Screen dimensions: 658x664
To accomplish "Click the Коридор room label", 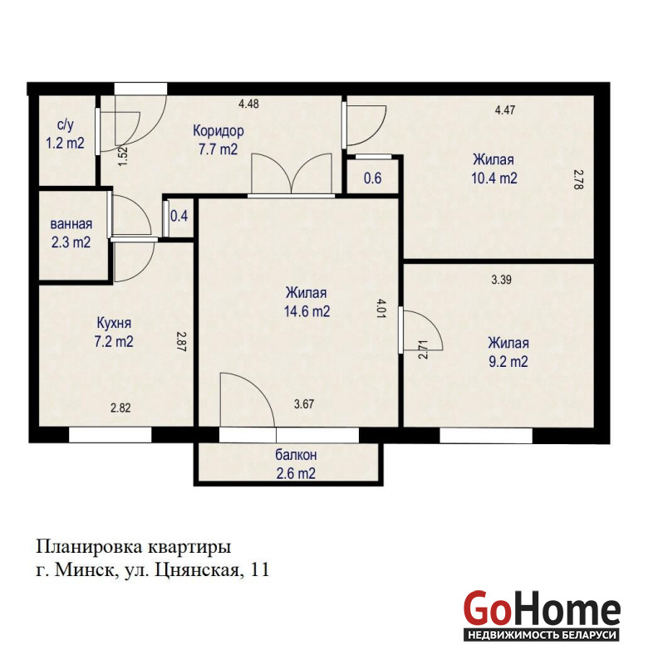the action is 219,130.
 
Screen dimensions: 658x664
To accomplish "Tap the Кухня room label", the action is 114,323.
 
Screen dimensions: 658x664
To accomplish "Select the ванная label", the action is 71,223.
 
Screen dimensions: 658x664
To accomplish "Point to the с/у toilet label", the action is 66,124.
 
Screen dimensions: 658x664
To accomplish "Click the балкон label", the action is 296,455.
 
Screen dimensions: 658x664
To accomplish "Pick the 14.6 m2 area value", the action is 307,311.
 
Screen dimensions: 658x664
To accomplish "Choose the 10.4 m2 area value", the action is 494,178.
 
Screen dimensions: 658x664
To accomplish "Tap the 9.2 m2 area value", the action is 508,362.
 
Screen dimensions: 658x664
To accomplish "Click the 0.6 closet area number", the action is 373,178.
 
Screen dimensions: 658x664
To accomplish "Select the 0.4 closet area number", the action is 179,216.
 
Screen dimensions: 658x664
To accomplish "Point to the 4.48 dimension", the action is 248,103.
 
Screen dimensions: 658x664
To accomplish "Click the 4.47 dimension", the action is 505,110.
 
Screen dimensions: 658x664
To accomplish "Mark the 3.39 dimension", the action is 501,280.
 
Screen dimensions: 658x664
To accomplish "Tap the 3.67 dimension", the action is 304,404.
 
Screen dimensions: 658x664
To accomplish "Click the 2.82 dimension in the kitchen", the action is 120,408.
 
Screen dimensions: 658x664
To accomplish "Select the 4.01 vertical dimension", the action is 381,308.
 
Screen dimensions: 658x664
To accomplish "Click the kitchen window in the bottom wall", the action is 110,435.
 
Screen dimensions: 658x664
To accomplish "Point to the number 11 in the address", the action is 260,569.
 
